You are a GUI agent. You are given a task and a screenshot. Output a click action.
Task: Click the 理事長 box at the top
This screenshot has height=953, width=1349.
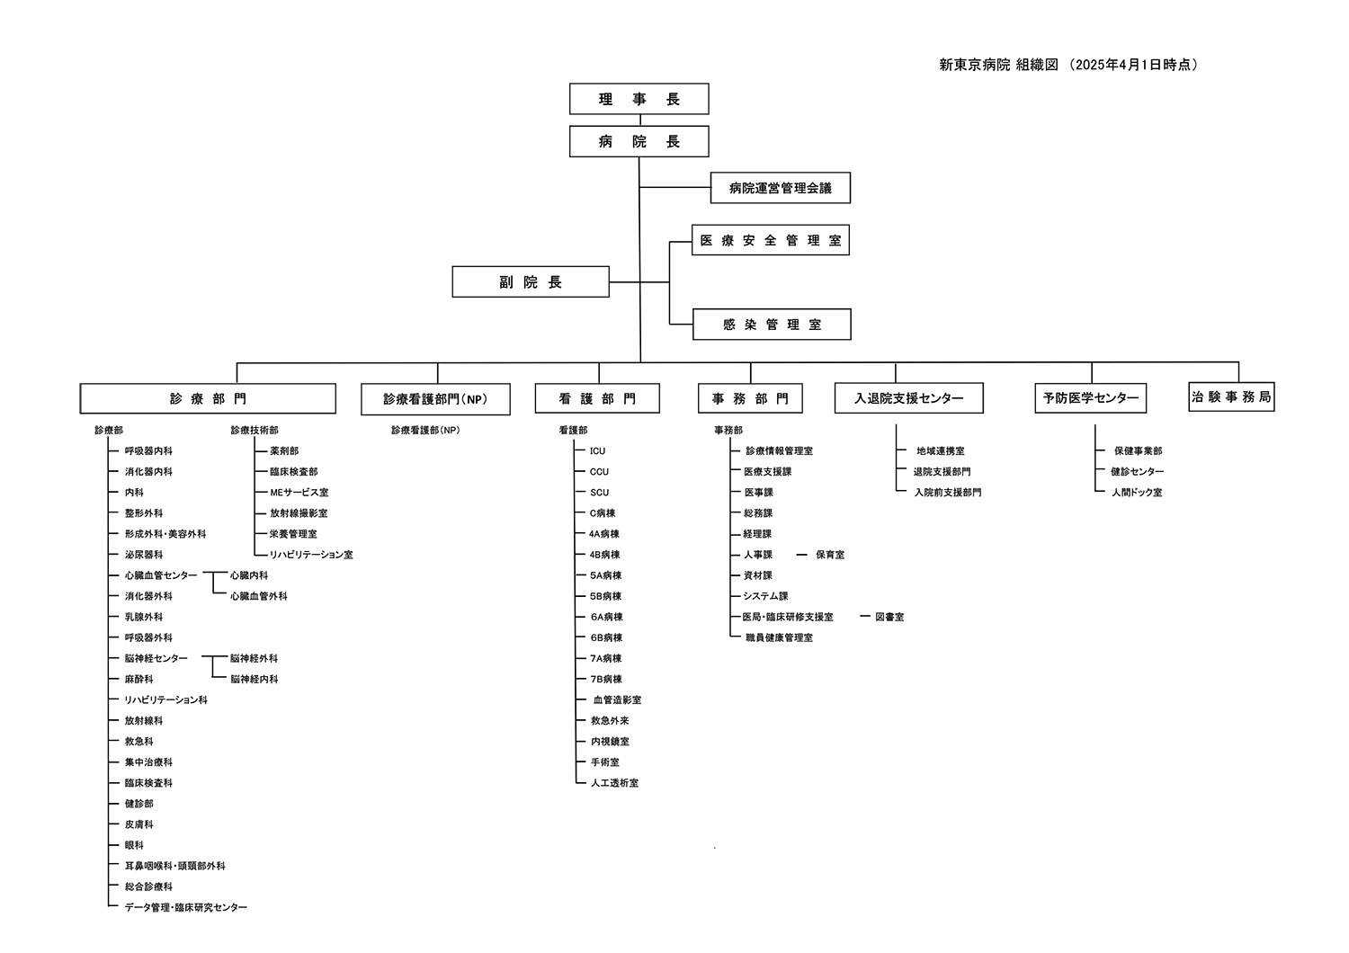point(639,99)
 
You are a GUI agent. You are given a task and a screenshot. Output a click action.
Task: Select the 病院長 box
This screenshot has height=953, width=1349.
point(639,141)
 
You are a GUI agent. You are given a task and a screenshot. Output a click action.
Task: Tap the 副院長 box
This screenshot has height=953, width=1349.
point(531,282)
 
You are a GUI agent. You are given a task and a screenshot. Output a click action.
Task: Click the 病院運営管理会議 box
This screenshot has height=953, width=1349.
point(780,188)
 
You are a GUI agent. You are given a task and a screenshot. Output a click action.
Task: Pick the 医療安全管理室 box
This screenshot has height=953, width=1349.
point(770,240)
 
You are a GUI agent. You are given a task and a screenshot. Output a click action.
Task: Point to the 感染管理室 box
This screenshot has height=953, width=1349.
point(772,325)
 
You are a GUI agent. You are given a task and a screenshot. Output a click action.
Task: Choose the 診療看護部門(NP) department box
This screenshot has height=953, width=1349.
point(435,399)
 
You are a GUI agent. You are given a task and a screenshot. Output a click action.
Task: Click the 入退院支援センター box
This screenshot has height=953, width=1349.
point(908,398)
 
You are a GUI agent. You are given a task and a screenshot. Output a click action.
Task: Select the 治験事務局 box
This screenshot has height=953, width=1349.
point(1231,396)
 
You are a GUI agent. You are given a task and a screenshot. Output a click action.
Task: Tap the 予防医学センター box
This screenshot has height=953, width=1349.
point(1090,398)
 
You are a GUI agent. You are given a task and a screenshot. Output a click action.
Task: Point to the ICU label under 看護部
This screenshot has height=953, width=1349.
point(598,451)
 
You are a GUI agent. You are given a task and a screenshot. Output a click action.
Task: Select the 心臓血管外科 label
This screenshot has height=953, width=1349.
point(258,596)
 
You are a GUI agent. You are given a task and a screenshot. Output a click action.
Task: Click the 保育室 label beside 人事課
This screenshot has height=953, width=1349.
point(830,555)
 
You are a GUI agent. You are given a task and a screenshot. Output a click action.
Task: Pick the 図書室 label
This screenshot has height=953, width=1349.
point(889,618)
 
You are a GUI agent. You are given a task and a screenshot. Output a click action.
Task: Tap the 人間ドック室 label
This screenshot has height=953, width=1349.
point(1137,493)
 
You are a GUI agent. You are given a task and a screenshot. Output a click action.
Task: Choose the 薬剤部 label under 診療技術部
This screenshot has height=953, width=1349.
point(284,451)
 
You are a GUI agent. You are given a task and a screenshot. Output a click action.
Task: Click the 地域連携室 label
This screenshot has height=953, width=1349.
point(941,451)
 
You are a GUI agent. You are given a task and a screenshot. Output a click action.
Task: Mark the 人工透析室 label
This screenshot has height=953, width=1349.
point(614,783)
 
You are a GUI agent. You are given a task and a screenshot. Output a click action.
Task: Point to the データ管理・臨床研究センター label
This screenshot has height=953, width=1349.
point(186,908)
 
